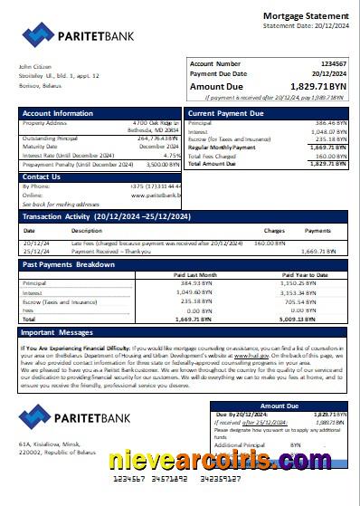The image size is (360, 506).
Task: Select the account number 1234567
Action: (328, 64)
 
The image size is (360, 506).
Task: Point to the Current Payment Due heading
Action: (225, 114)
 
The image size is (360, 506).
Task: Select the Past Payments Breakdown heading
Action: (68, 264)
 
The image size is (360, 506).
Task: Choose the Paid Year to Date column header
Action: (305, 274)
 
